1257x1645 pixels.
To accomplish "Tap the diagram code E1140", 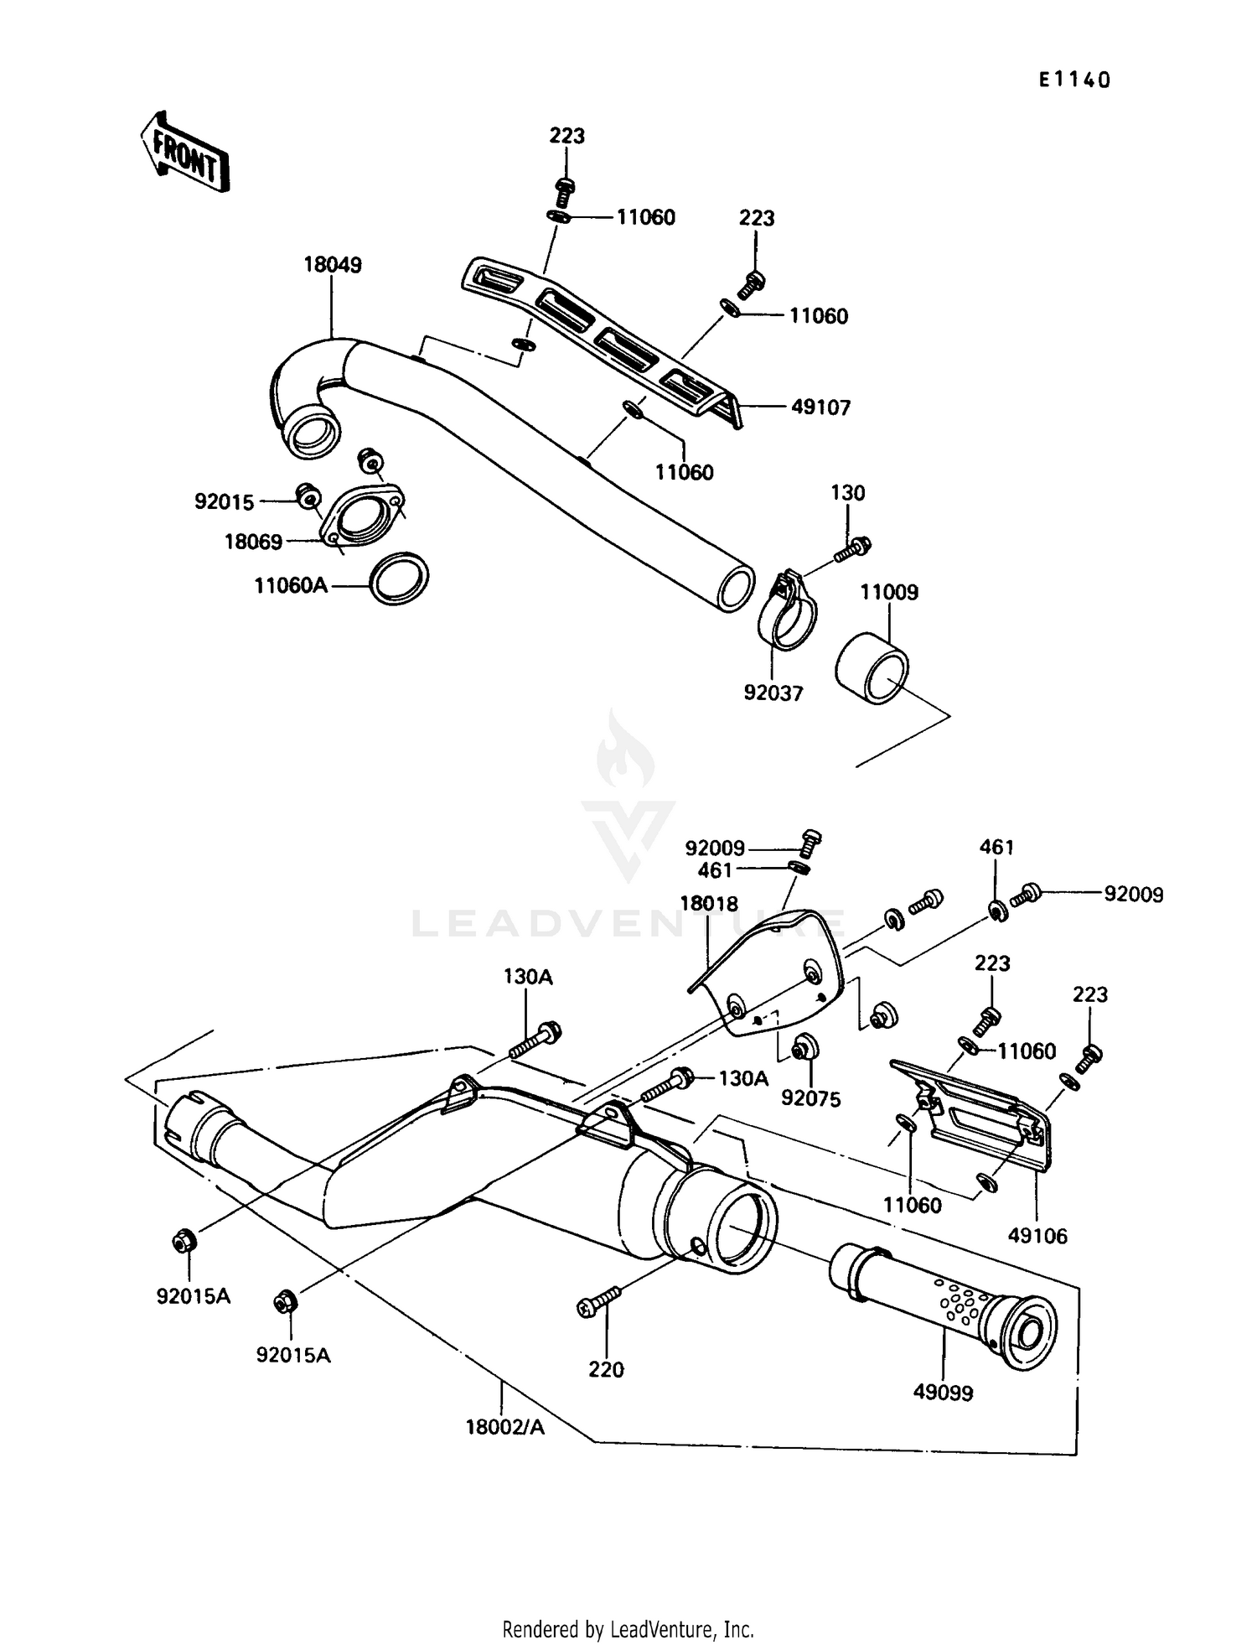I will (x=1073, y=80).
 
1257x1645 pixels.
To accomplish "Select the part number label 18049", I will (x=332, y=265).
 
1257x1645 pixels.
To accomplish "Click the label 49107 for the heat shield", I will (x=820, y=407).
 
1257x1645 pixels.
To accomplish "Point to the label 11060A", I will (x=291, y=585).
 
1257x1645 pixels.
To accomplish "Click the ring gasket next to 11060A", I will (x=400, y=578).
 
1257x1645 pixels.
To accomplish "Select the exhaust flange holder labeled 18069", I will (x=362, y=516).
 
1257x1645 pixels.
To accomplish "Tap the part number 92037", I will (x=773, y=693).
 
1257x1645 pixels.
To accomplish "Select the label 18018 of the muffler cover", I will (x=708, y=903).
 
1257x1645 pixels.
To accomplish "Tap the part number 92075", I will (x=810, y=1098).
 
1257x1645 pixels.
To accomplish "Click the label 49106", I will (x=1037, y=1235).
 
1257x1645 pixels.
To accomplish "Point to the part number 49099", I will (x=943, y=1393).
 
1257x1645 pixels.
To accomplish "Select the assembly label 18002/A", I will (x=504, y=1426).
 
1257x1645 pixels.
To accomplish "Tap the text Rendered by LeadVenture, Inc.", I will (x=628, y=1629).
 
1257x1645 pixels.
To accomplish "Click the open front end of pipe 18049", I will (x=312, y=433).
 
